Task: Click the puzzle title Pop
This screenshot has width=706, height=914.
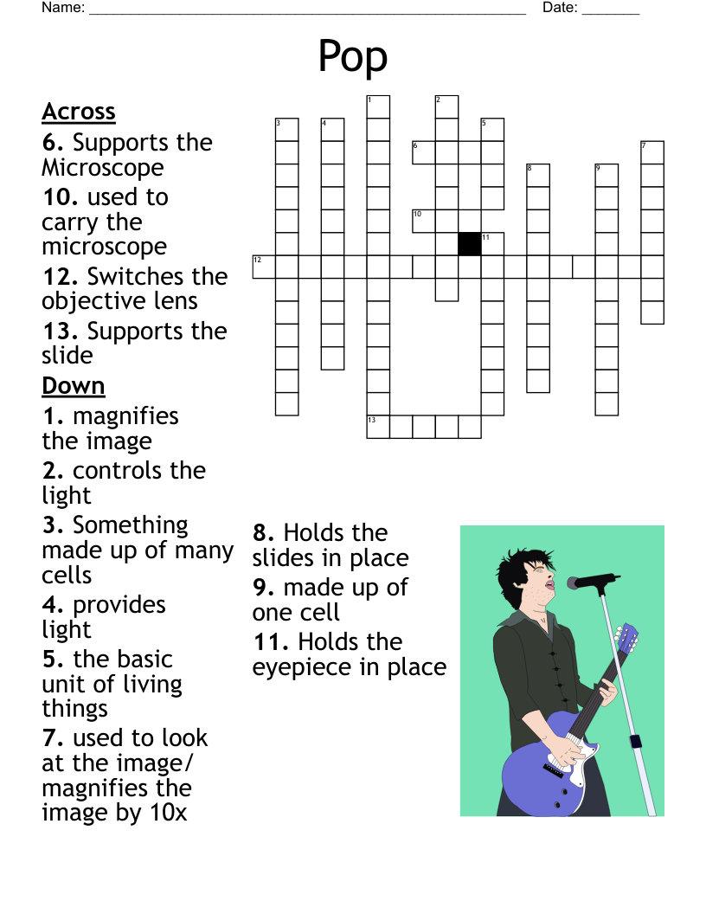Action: [352, 57]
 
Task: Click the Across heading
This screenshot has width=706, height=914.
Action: [79, 112]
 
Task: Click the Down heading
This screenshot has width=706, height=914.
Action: [74, 385]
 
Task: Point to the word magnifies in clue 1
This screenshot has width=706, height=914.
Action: [125, 416]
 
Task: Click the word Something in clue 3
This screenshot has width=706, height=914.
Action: [130, 525]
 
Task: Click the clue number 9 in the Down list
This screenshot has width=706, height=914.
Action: [263, 588]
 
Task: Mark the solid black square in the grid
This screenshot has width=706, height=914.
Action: [470, 244]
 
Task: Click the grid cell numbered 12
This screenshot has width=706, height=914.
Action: [264, 267]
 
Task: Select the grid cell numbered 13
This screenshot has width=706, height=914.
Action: [378, 427]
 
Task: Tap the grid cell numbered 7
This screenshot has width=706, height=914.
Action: [652, 152]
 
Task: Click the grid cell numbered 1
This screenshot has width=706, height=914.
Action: [378, 106]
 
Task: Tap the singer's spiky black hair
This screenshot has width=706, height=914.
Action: [519, 563]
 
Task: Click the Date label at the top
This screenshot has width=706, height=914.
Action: [560, 8]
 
